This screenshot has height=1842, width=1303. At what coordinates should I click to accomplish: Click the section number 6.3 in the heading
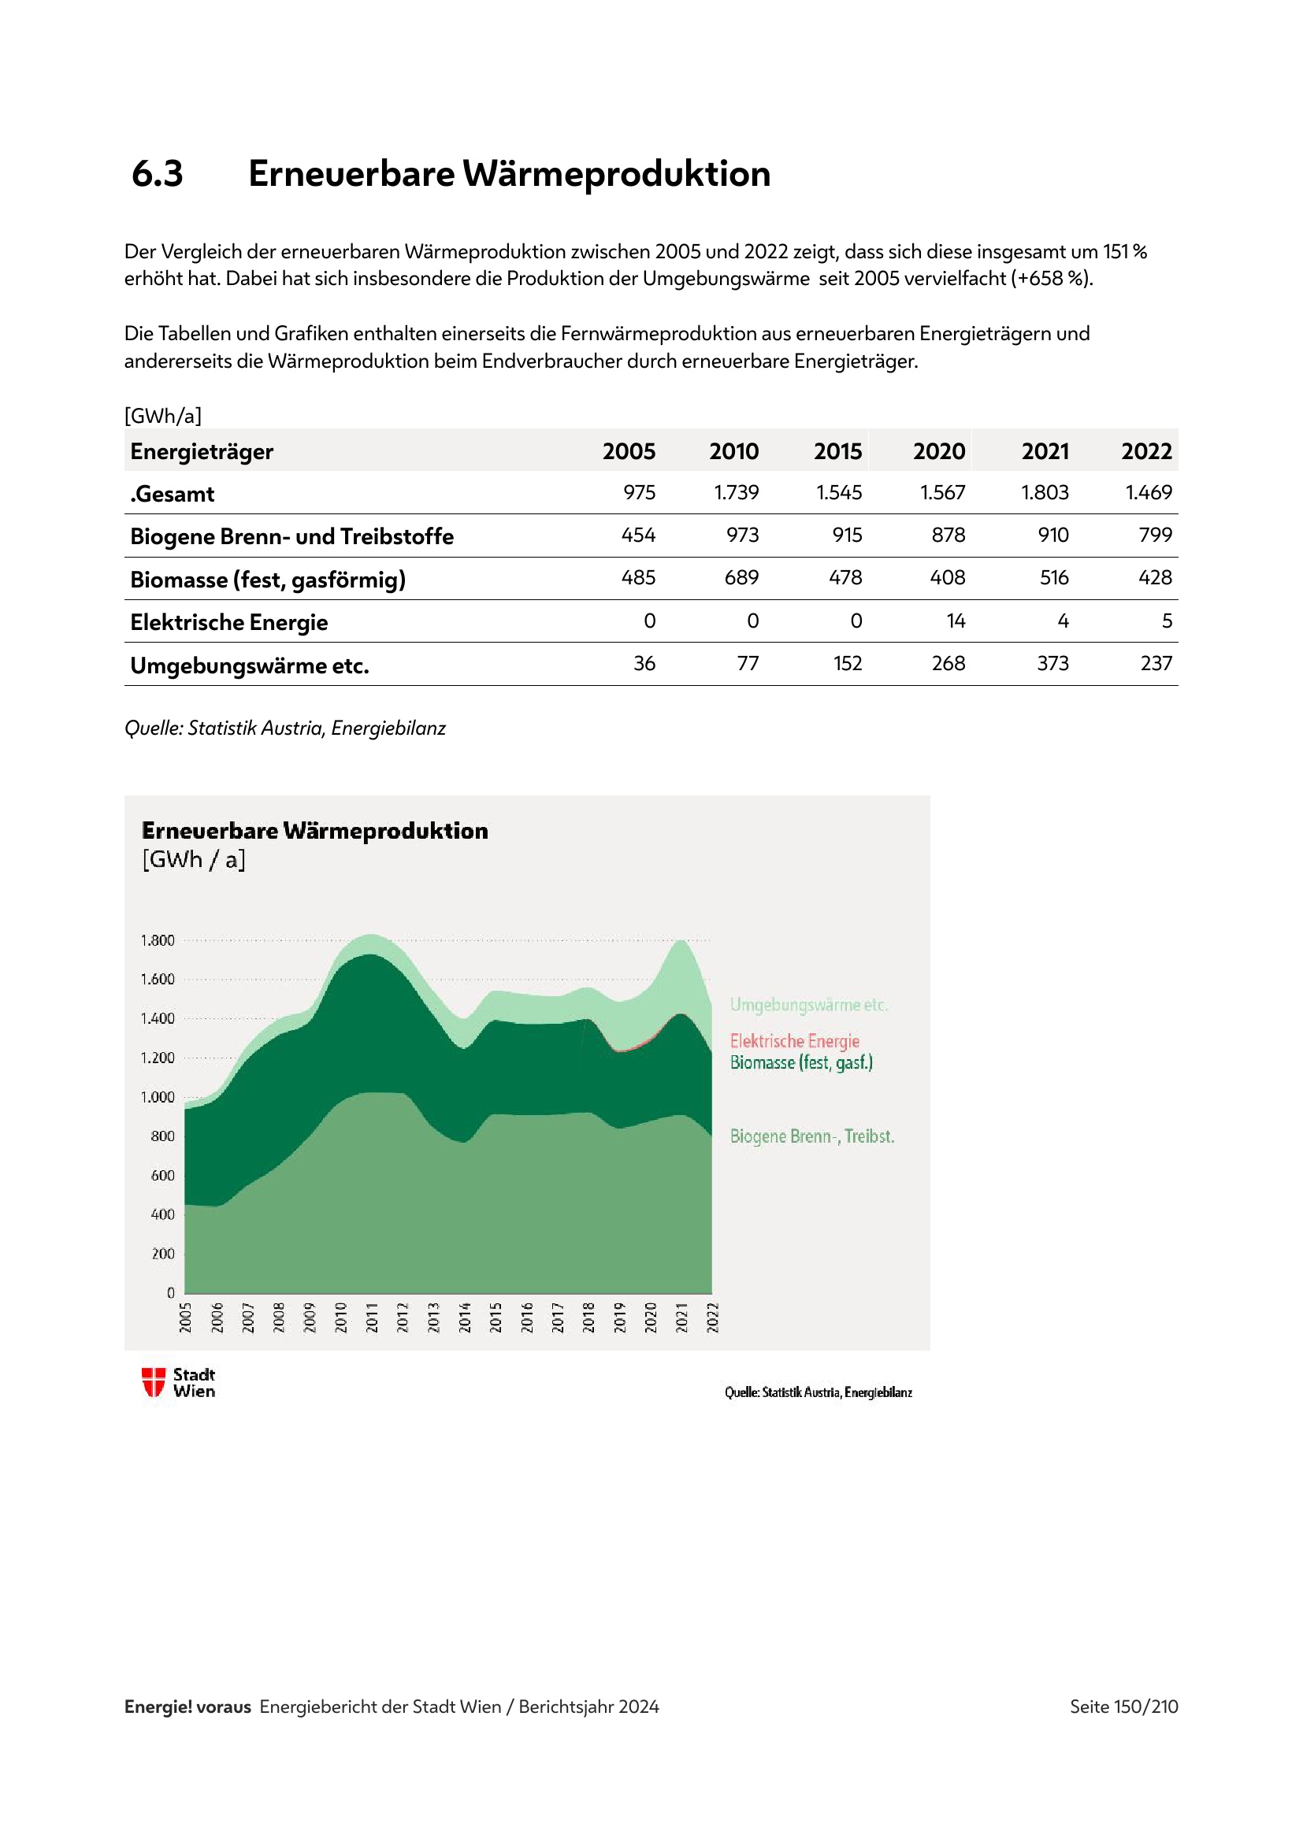coord(158,173)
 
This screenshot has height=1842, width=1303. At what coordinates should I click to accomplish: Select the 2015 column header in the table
coord(837,452)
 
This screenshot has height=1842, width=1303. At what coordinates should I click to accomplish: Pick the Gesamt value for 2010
coord(736,492)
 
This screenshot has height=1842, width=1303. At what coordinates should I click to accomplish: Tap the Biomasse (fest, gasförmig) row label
coord(268,580)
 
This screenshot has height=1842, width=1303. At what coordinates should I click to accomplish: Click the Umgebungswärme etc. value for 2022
coord(1156,663)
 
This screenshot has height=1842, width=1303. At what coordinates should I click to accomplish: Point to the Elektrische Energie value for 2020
coord(955,621)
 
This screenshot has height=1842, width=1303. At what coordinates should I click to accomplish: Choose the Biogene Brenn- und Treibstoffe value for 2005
coord(638,535)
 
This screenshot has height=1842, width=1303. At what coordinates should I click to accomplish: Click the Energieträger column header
coord(202,452)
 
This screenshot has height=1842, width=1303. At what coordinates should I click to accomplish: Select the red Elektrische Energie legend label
coord(794,1041)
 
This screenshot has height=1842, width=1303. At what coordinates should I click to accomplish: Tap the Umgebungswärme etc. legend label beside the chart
coord(809,1005)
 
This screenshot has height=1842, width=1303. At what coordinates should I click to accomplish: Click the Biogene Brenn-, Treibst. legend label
coord(812,1136)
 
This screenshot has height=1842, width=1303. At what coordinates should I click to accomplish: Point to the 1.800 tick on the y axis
coord(158,940)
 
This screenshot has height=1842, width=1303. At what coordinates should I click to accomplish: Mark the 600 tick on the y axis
coord(162,1175)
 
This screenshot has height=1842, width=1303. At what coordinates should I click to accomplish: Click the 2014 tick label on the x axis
coord(465,1318)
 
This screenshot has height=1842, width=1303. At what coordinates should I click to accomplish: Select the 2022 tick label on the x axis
coord(712,1318)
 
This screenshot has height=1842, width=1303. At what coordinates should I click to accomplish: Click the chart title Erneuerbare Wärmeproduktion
coord(314,831)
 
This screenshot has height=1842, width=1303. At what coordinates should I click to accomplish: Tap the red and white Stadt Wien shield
coord(154,1382)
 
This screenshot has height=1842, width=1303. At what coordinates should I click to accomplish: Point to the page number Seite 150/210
coord(1123,1707)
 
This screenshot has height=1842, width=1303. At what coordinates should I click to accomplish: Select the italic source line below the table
coord(285,728)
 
